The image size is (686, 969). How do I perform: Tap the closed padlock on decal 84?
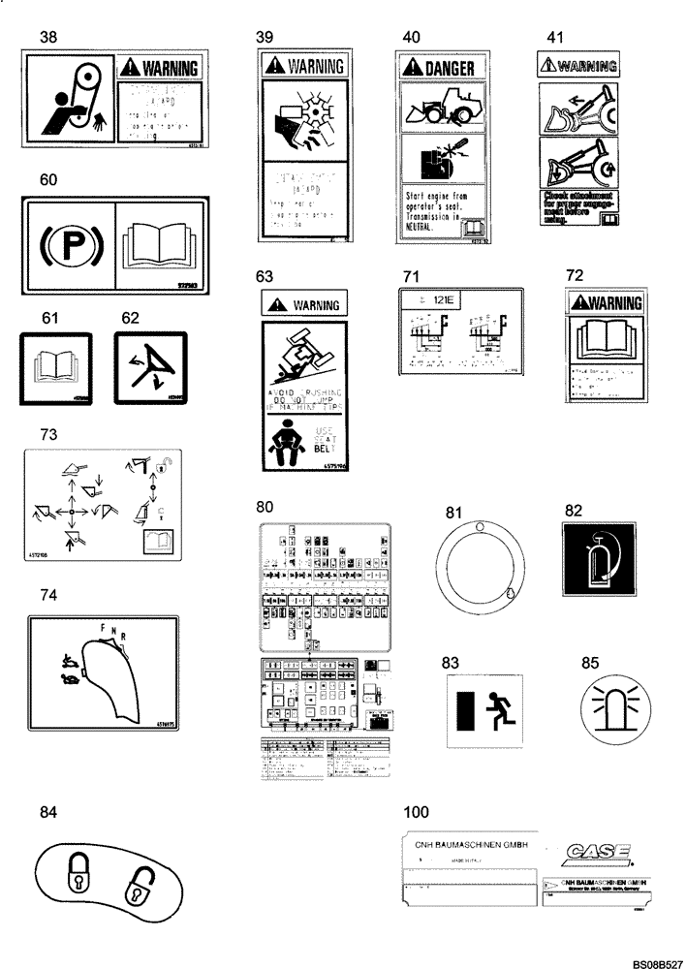pyautogui.click(x=77, y=872)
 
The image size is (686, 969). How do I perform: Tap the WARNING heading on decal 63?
pyautogui.click(x=303, y=305)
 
